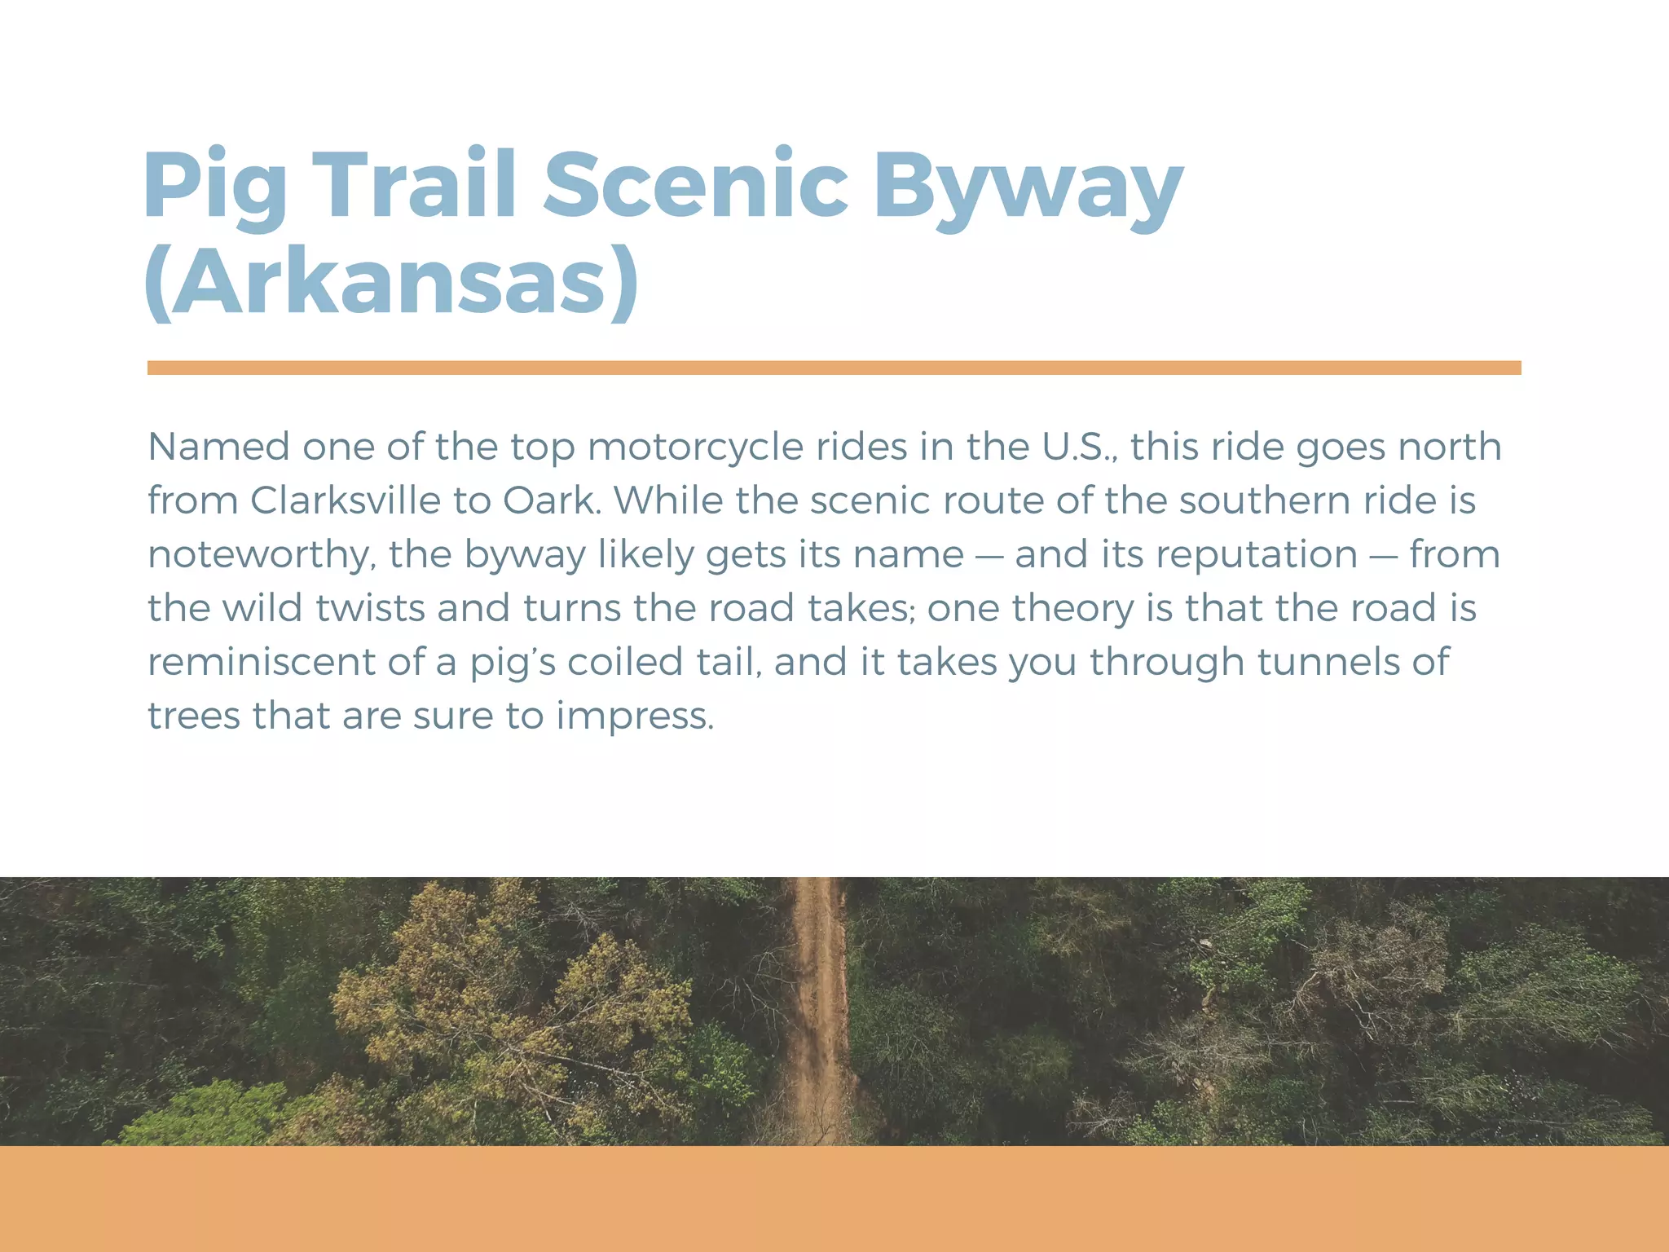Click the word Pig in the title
pyautogui.click(x=214, y=187)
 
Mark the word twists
pyautogui.click(x=370, y=608)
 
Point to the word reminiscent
pyautogui.click(x=261, y=662)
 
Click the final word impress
pyautogui.click(x=635, y=716)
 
